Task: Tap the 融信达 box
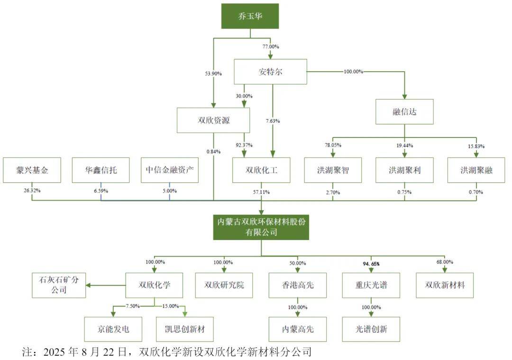pos(404,112)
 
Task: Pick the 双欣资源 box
pos(213,120)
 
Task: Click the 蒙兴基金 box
pos(32,170)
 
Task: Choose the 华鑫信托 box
pos(101,170)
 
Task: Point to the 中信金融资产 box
pos(170,170)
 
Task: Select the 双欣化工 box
pos(261,170)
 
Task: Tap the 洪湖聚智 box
pos(333,170)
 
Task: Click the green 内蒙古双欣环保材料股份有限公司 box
pos(261,227)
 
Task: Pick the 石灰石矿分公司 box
pos(59,285)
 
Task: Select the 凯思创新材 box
pos(185,329)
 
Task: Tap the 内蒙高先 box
pos(297,329)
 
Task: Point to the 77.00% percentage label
pos(271,47)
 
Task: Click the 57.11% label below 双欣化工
pos(261,192)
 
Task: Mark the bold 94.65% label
pos(371,263)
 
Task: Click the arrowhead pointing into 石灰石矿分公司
pos(89,285)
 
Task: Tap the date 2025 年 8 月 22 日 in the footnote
pos(85,352)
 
